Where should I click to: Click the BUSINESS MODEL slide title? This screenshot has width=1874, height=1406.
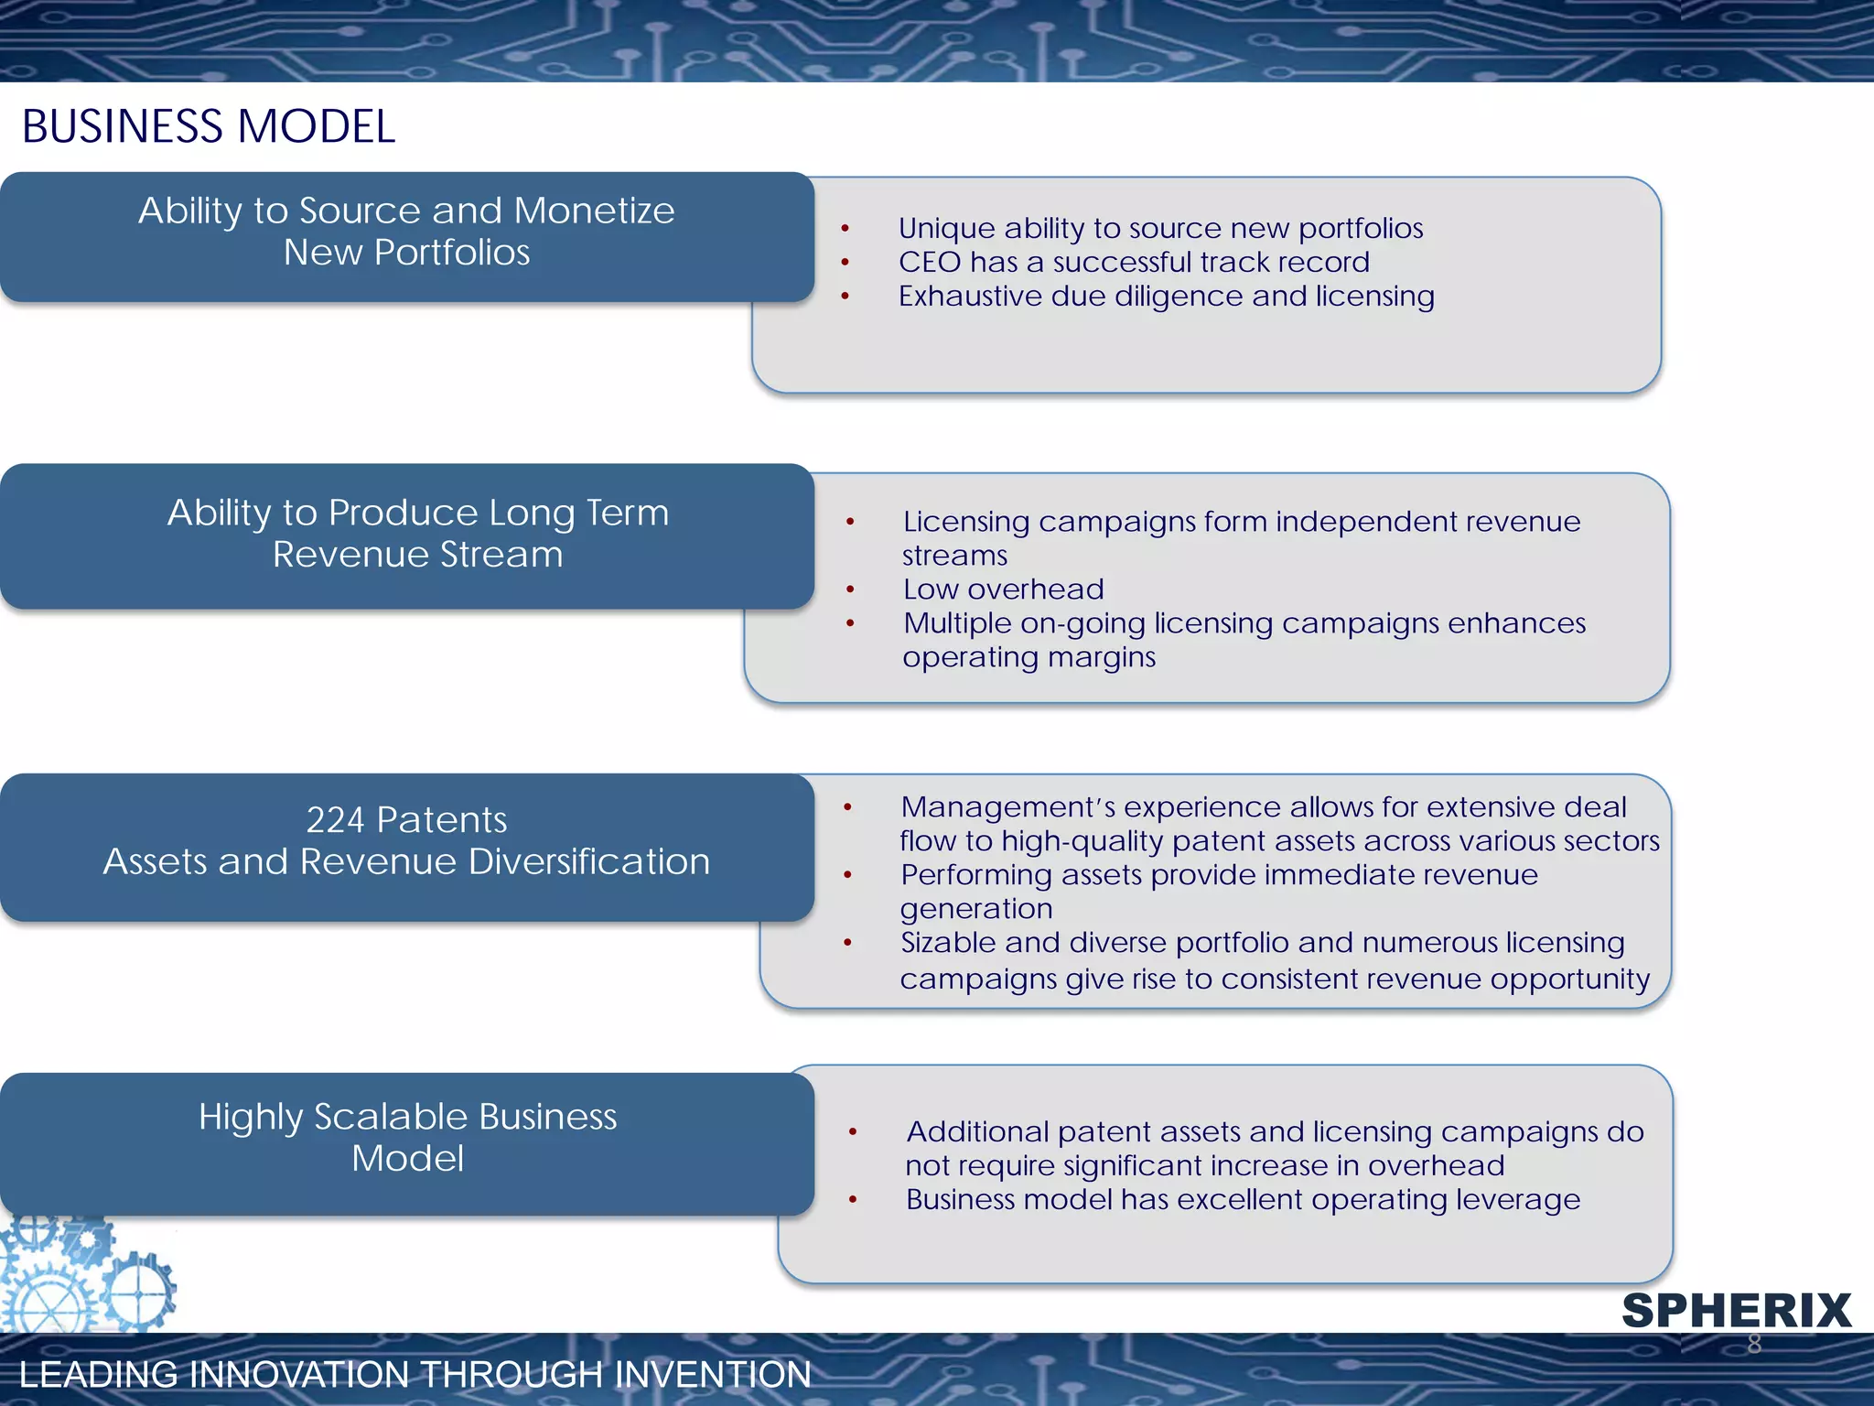point(209,126)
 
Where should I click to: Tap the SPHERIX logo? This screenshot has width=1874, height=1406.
point(1736,1310)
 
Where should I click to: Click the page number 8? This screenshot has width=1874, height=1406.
point(1754,1344)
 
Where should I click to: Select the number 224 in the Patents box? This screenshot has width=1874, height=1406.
point(335,820)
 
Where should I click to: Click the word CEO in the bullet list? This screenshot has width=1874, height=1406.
point(930,263)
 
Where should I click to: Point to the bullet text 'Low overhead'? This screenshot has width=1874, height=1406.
point(1004,589)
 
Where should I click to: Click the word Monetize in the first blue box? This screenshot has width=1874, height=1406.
point(594,211)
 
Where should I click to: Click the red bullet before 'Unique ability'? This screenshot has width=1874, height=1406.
point(845,229)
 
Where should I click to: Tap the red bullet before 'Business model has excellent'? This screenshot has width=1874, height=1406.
point(853,1200)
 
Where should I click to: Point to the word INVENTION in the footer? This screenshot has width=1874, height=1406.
point(713,1375)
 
